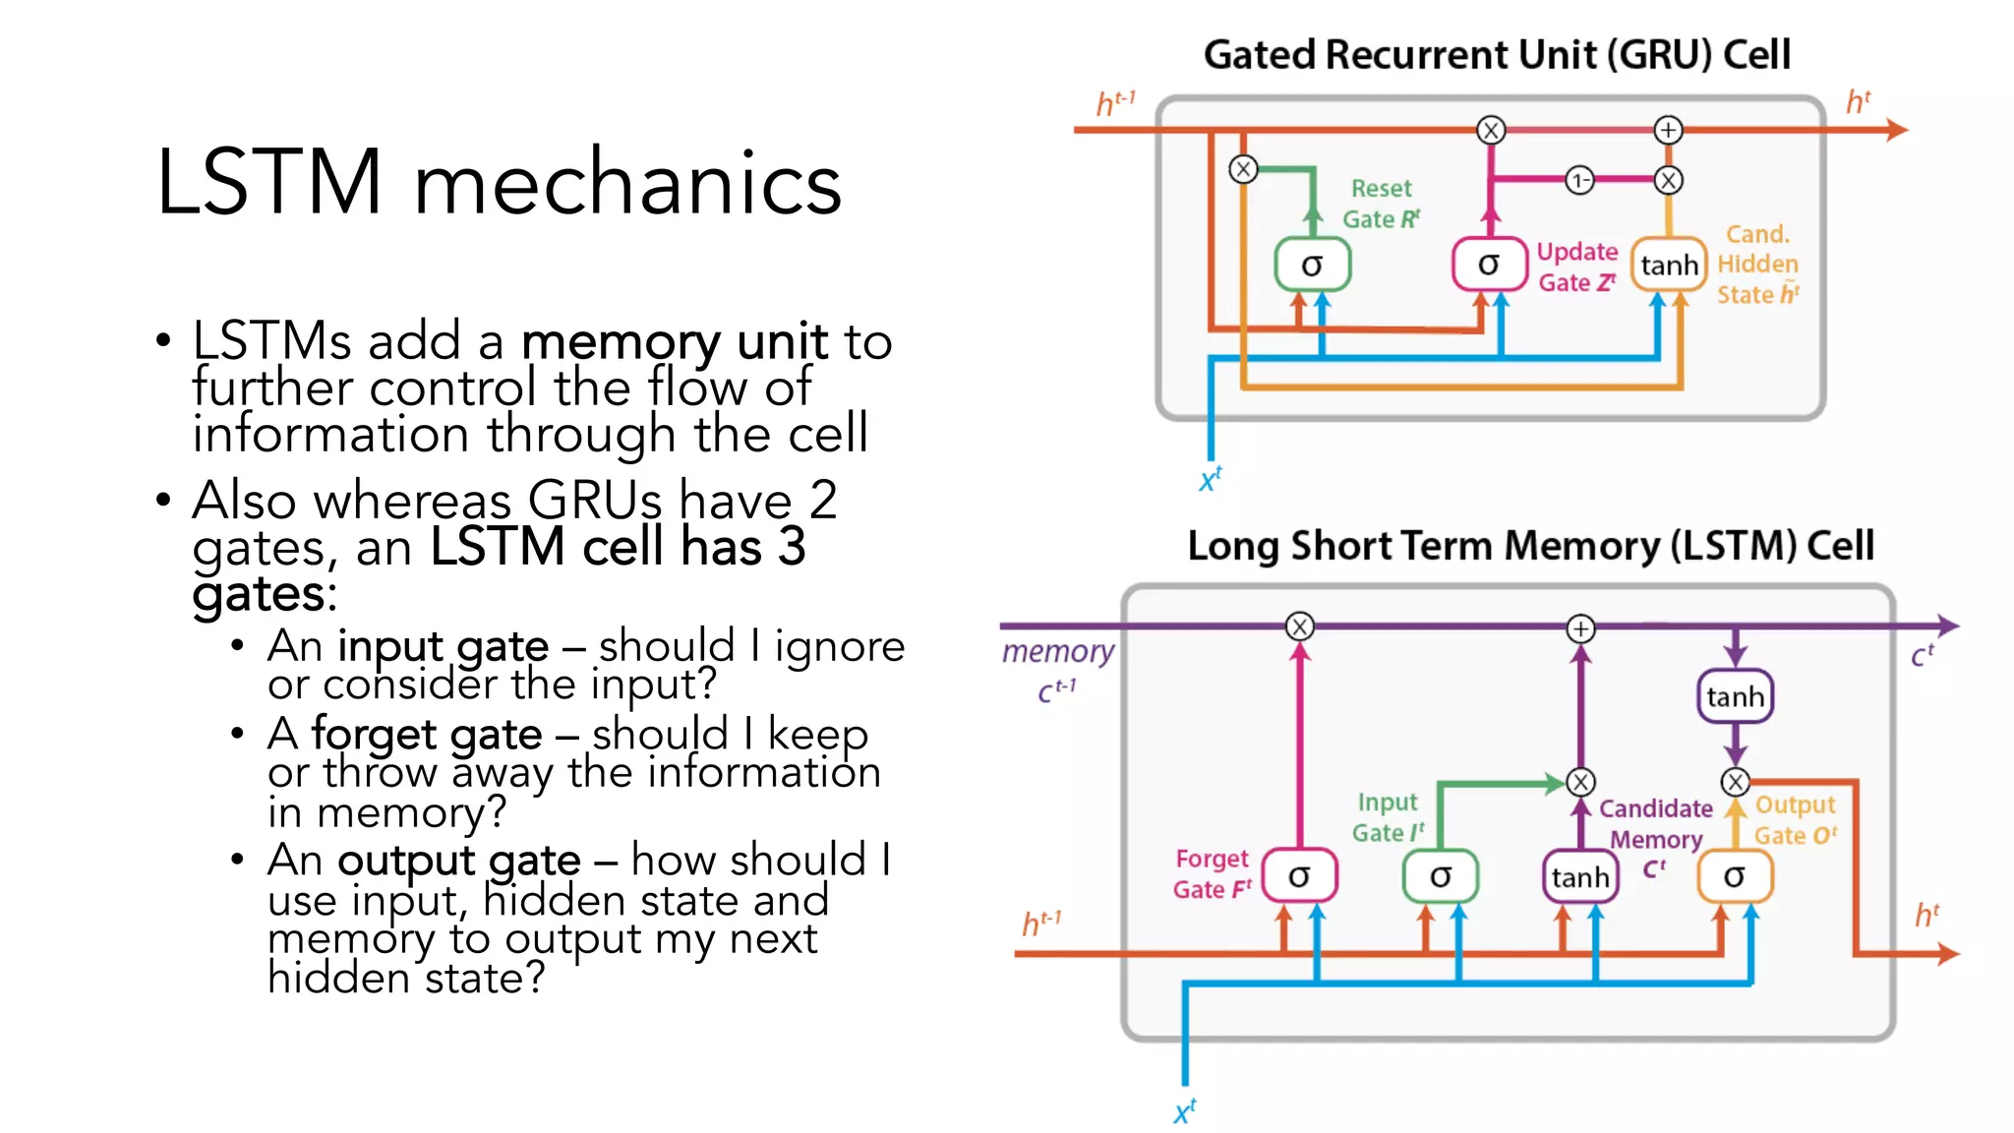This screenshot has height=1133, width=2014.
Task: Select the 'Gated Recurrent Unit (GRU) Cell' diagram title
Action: [x=1497, y=55]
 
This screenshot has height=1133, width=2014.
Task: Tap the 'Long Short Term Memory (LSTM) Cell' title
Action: [x=1530, y=546]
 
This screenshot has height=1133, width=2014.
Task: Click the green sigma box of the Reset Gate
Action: [x=1312, y=265]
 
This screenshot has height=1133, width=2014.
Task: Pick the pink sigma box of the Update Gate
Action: [x=1489, y=265]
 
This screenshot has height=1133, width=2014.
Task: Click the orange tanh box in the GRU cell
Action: [x=1669, y=265]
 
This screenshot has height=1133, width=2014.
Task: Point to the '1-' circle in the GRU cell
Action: [x=1578, y=180]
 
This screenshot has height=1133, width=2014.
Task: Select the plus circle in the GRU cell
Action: [x=1668, y=130]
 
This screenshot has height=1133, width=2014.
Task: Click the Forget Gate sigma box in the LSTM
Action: [x=1299, y=876]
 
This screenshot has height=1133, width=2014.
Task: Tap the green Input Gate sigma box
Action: [x=1441, y=876]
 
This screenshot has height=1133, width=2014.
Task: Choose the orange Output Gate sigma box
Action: [x=1735, y=876]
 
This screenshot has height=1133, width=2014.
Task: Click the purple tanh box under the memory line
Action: [x=1735, y=696]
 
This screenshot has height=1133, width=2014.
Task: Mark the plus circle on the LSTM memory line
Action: [x=1580, y=628]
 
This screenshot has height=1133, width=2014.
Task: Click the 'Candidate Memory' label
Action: [x=1655, y=824]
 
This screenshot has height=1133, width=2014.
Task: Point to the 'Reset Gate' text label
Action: [x=1381, y=204]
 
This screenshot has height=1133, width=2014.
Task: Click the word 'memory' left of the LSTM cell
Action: [x=1058, y=651]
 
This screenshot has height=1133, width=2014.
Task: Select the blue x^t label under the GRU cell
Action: [x=1210, y=480]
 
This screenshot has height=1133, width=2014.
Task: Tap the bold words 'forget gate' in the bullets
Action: [x=427, y=735]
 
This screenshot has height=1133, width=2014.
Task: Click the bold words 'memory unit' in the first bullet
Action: [x=675, y=342]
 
